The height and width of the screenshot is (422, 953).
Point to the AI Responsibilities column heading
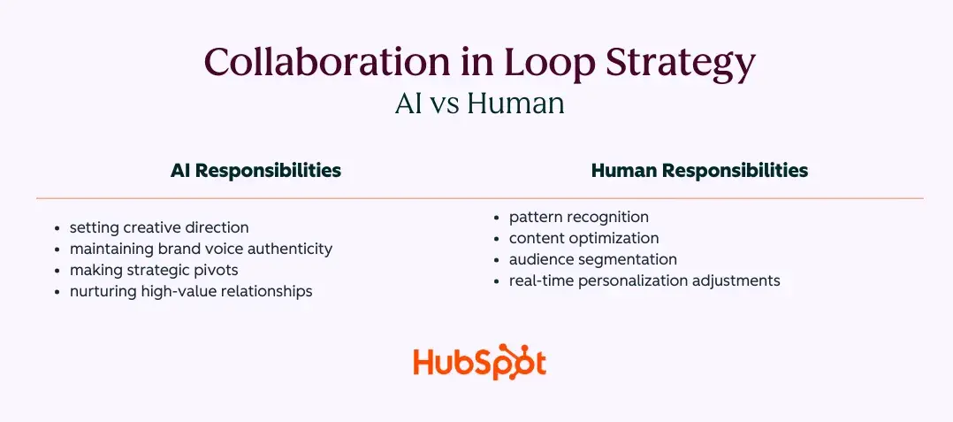coord(255,171)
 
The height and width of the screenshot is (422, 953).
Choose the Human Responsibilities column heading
coord(699,171)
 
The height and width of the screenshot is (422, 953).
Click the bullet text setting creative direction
coord(159,227)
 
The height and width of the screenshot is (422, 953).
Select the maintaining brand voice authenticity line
coord(201,249)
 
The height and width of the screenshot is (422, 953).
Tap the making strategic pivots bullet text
coord(154,270)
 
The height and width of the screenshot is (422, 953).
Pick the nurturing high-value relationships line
coord(191,291)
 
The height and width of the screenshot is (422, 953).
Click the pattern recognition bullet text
coord(578,217)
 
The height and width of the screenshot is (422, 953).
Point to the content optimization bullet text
coord(583,238)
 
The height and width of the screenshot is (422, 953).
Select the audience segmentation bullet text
coord(592,259)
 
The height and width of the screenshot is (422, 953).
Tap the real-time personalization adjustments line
coord(644,280)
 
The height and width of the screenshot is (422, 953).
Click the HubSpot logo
coord(479,363)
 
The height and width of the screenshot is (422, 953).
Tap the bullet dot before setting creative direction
coord(57,228)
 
